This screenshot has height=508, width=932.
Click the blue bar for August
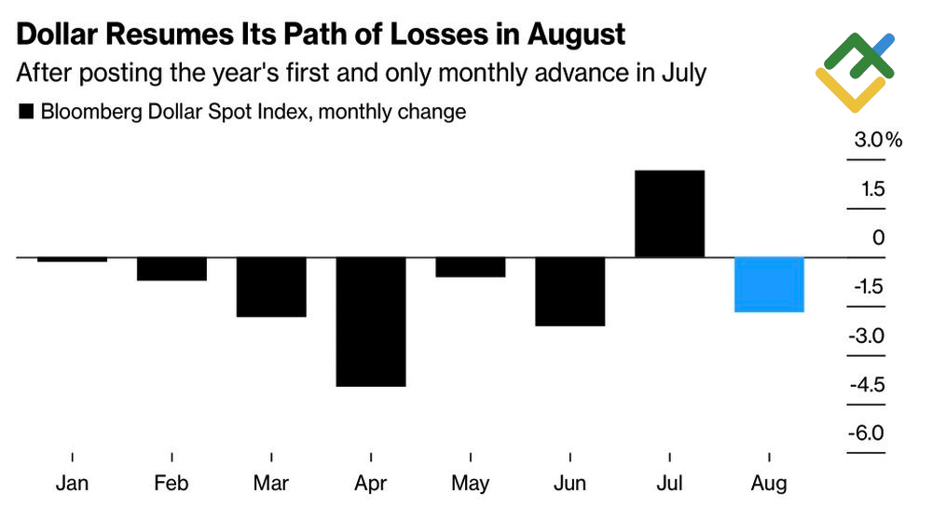pyautogui.click(x=769, y=284)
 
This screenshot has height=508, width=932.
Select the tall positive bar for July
pyautogui.click(x=669, y=213)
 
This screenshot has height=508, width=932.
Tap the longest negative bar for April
pyautogui.click(x=370, y=321)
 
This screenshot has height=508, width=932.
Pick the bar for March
pyautogui.click(x=271, y=286)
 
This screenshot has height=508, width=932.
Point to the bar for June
pyautogui.click(x=569, y=291)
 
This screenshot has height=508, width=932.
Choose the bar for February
pyautogui.click(x=171, y=268)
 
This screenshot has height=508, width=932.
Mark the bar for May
pyautogui.click(x=470, y=267)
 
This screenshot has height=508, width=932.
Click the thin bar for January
pyautogui.click(x=72, y=259)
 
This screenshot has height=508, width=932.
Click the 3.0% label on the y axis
pyautogui.click(x=879, y=141)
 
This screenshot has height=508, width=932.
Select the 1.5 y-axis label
pyautogui.click(x=872, y=189)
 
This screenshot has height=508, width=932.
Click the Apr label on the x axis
pyautogui.click(x=370, y=484)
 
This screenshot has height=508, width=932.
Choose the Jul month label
pyautogui.click(x=669, y=484)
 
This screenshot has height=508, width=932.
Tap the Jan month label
pyautogui.click(x=72, y=484)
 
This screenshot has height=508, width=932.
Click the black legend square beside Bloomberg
pyautogui.click(x=25, y=113)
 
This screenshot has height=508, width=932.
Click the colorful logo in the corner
pyautogui.click(x=856, y=72)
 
